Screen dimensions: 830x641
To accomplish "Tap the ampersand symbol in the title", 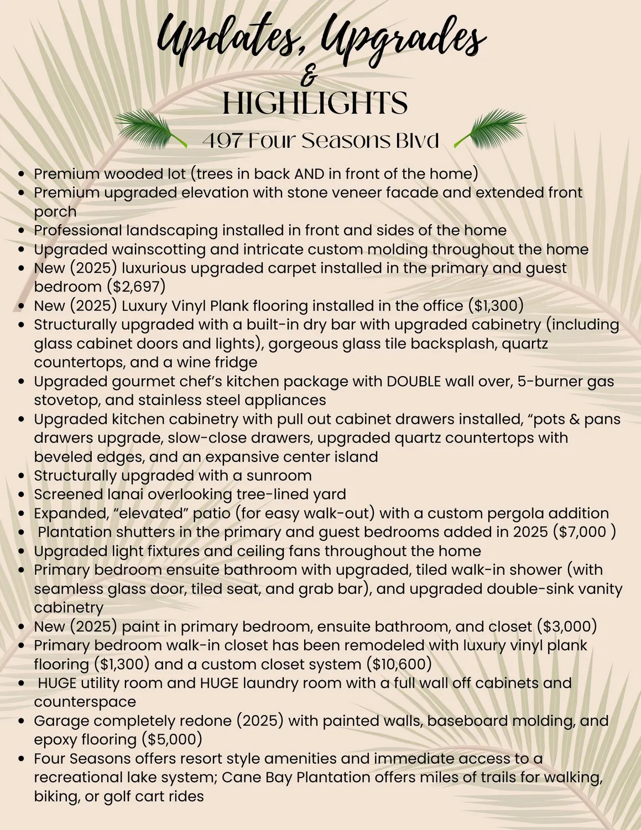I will pyautogui.click(x=311, y=77).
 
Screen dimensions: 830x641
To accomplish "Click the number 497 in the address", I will pyautogui.click(x=221, y=141).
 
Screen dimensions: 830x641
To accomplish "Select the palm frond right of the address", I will pyautogui.click(x=491, y=127).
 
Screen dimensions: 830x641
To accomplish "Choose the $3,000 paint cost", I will pyautogui.click(x=567, y=626).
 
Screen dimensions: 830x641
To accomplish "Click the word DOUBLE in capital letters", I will pyautogui.click(x=414, y=381).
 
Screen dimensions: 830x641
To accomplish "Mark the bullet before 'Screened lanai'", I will pyautogui.click(x=22, y=495).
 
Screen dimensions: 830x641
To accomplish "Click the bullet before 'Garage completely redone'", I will pyautogui.click(x=22, y=721).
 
